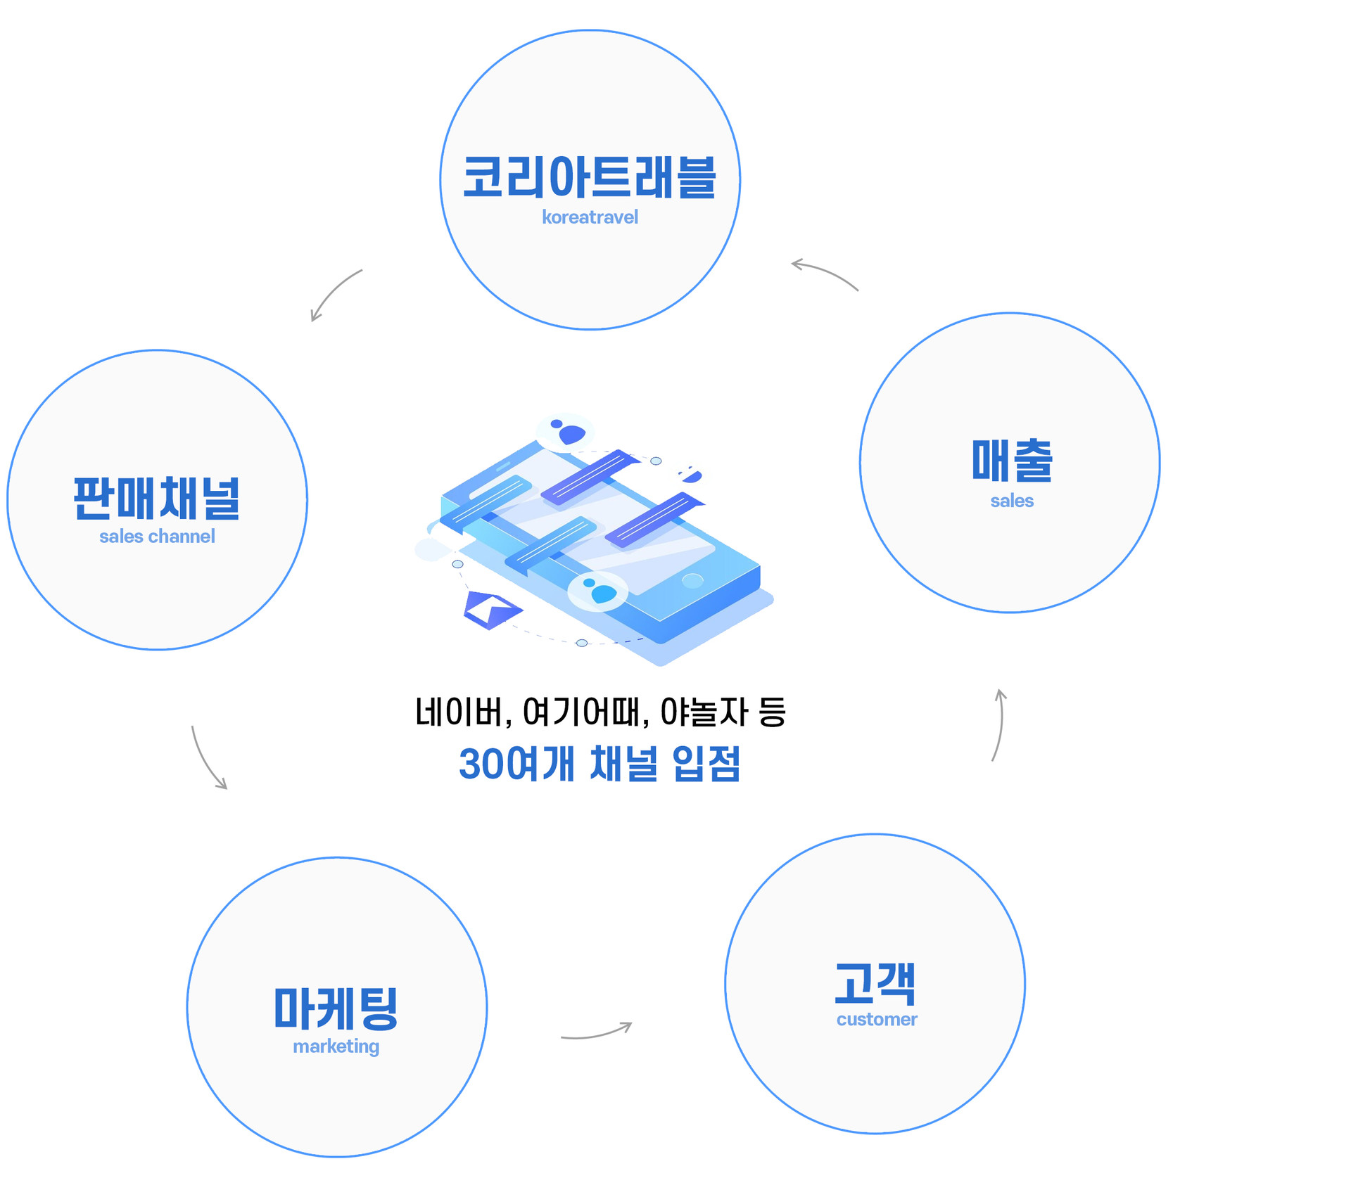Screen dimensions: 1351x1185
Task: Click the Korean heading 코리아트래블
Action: point(590,177)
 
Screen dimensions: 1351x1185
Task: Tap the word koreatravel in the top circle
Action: point(590,217)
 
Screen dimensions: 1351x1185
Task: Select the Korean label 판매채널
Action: point(157,498)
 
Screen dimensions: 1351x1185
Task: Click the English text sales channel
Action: point(157,537)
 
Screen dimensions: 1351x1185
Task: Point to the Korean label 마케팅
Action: point(336,1008)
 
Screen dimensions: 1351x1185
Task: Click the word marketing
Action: point(336,1046)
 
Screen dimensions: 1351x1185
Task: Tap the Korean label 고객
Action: point(875,984)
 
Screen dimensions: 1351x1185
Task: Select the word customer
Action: point(877,1020)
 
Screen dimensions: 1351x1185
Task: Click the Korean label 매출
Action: point(1012,461)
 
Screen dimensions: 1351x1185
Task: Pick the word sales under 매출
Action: point(1012,501)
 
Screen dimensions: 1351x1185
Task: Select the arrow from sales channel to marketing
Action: point(208,760)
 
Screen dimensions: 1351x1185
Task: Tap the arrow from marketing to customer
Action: point(597,1032)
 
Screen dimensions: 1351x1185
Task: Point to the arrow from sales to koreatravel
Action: point(825,274)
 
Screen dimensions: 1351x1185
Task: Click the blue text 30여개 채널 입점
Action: point(600,764)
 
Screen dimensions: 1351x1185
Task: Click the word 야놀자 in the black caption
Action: point(704,712)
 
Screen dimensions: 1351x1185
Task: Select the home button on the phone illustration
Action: point(692,580)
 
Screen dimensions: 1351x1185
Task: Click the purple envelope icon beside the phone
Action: point(491,610)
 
